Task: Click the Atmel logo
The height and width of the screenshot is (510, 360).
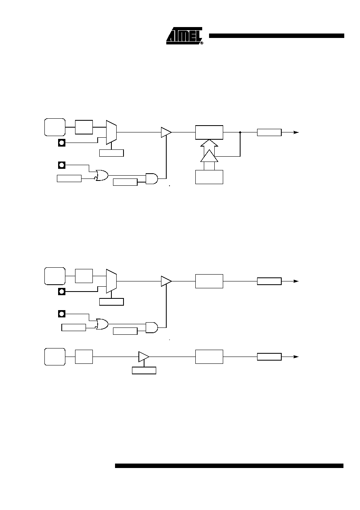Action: point(184,36)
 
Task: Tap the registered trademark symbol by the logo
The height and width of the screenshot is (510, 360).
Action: point(202,43)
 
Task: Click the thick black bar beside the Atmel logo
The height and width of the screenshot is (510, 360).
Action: point(276,36)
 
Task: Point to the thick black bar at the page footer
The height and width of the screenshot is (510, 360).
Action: point(229,466)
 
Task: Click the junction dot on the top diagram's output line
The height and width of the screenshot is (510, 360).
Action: point(240,132)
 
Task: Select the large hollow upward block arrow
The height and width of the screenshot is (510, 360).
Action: point(209,155)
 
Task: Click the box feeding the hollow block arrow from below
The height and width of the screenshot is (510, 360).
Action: point(209,177)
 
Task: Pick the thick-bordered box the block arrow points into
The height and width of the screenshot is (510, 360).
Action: point(209,132)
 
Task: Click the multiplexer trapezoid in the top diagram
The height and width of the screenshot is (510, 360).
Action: point(111,132)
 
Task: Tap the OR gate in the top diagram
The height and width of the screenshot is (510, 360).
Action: point(102,175)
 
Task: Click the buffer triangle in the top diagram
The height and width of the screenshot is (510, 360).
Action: point(166,132)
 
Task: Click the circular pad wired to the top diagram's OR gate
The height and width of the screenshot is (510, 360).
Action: point(62,165)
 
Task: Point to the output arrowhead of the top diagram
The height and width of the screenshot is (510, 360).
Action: point(296,132)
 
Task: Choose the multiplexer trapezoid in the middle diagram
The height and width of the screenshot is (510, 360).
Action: point(111,281)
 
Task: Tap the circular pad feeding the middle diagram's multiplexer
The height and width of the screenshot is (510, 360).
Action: point(62,292)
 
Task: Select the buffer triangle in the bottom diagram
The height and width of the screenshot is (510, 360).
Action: point(144,357)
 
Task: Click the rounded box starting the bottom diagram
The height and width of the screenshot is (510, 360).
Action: point(55,357)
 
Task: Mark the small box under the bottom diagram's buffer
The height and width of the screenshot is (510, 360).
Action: point(144,370)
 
